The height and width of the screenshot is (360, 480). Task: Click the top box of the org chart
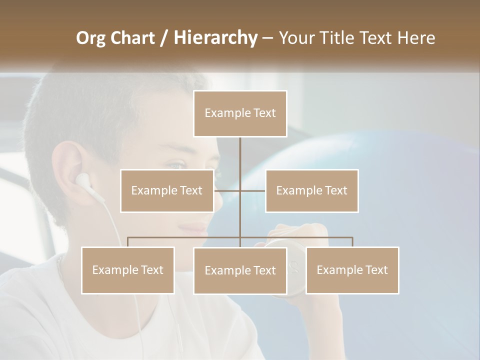pos(240,113)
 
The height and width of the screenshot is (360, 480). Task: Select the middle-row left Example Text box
pos(167,190)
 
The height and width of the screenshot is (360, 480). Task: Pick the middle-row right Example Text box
pos(311,190)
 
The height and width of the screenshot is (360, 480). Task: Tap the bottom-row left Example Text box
pos(128,270)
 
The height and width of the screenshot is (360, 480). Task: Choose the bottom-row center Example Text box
pos(240,270)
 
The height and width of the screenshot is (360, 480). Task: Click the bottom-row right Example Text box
pos(352,270)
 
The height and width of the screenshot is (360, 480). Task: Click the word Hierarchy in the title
pos(215,38)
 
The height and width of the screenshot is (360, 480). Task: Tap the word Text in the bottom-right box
pos(375,270)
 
